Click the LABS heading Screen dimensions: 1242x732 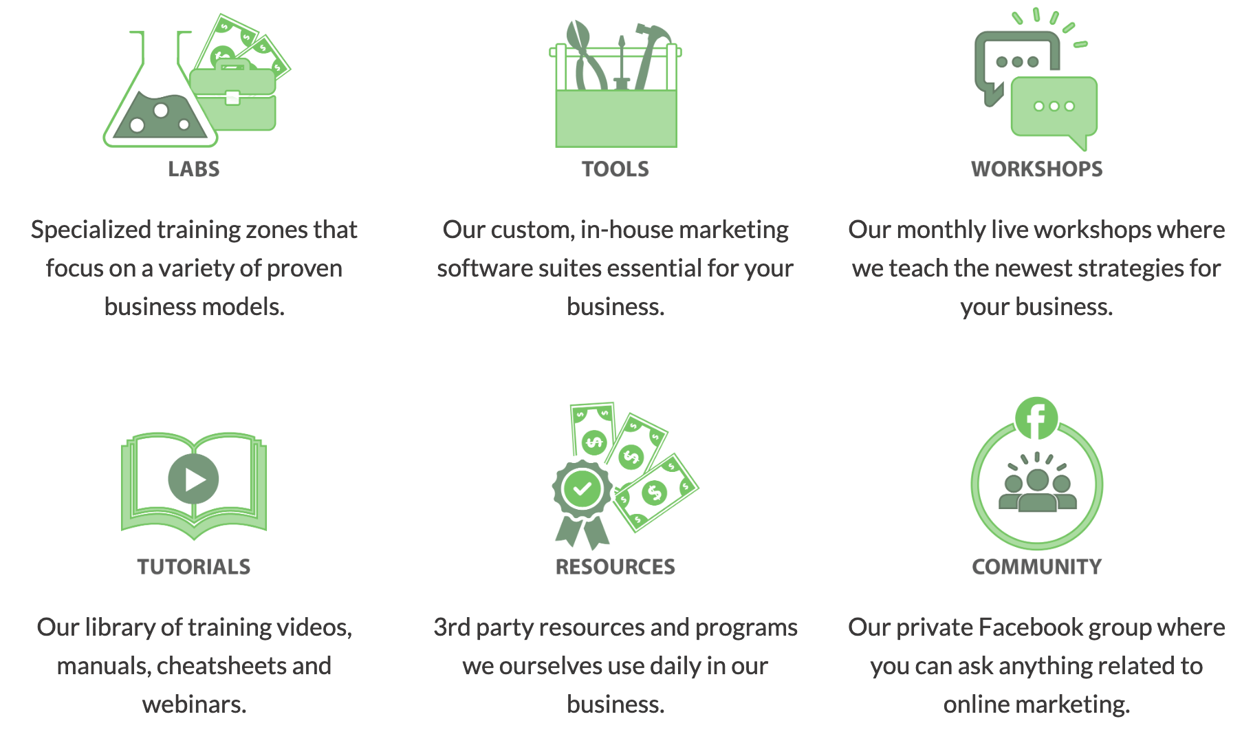click(194, 169)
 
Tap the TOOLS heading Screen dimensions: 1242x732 click(615, 169)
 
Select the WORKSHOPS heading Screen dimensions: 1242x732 click(1036, 169)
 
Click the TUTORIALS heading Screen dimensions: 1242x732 click(194, 567)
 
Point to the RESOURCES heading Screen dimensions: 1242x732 click(615, 567)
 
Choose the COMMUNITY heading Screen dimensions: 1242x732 click(1036, 567)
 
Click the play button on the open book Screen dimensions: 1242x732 click(193, 479)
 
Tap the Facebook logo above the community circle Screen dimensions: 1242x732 click(1036, 418)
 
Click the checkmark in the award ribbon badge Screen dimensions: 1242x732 click(582, 488)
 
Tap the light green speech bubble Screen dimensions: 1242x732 click(1054, 110)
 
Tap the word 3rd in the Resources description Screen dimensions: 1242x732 click(452, 627)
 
